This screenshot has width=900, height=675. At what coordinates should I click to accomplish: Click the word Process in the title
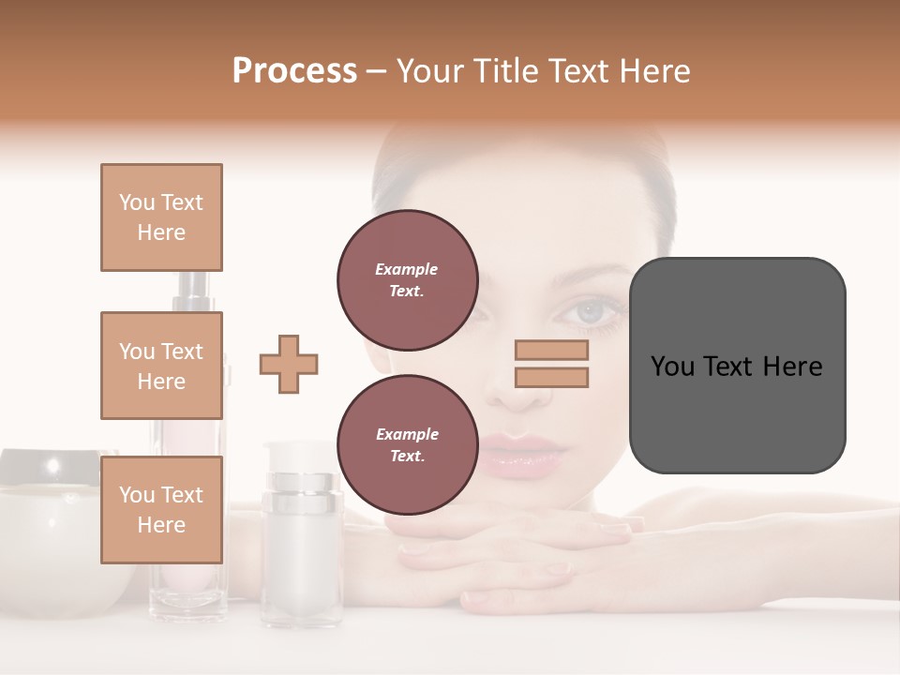[294, 70]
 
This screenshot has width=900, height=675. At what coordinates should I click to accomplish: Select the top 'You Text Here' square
[161, 217]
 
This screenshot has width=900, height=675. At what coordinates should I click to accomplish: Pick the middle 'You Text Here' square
[161, 366]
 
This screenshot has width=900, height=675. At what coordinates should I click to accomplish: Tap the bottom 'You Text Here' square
[161, 510]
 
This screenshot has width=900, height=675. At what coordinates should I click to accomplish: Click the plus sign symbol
[289, 364]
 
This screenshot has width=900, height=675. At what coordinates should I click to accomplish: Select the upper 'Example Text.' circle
[407, 279]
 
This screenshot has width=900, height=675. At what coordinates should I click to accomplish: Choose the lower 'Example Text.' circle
[407, 444]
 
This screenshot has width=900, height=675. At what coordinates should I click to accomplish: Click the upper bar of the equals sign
[551, 350]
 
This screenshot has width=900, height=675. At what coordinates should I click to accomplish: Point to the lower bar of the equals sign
[551, 377]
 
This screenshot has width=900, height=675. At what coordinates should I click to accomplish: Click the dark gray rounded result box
[737, 366]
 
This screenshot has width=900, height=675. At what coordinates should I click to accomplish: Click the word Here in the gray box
[792, 367]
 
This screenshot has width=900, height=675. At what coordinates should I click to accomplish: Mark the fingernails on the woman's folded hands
[614, 530]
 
